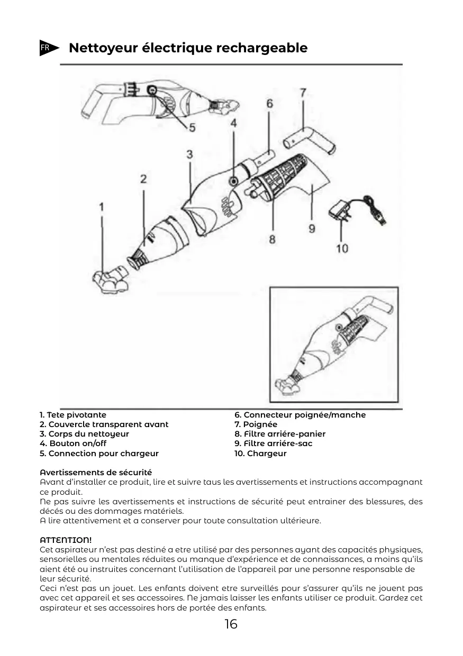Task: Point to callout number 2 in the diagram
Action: pos(143,179)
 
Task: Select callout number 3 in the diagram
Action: pos(189,154)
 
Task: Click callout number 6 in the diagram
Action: pos(269,104)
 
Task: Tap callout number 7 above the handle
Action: pos(303,93)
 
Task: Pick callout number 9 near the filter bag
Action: pos(312,228)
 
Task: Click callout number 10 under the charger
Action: pos(342,248)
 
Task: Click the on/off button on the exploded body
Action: pos(233,181)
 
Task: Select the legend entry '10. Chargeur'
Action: pos(260,454)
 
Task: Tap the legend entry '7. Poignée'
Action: pos(256,424)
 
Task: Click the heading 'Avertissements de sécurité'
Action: pos(96,472)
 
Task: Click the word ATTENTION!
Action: pos(66,540)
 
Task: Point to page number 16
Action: pos(231,624)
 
